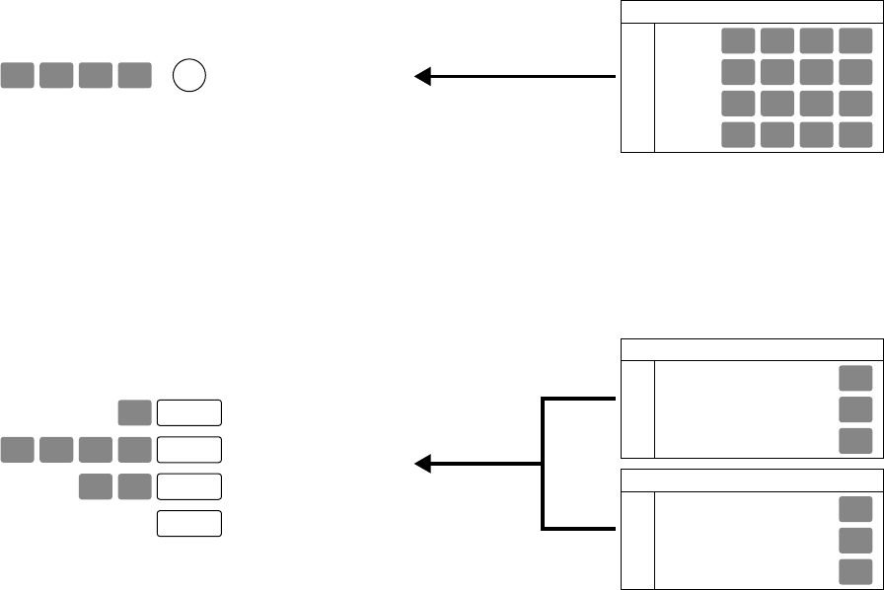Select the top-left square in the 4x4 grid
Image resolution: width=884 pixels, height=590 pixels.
click(x=738, y=40)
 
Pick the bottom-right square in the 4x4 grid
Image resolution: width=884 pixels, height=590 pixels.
click(x=855, y=135)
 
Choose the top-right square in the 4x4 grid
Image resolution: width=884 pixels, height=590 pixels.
click(x=855, y=40)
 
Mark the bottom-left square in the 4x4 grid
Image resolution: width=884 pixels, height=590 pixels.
click(x=738, y=135)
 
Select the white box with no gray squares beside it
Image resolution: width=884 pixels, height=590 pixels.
click(x=189, y=524)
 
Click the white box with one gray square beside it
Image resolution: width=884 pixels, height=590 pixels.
click(x=189, y=413)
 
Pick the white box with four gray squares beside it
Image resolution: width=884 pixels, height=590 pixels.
click(x=189, y=450)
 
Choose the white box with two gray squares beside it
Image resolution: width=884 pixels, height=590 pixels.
click(x=189, y=486)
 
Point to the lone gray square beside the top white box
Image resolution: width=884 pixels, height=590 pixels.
click(x=134, y=413)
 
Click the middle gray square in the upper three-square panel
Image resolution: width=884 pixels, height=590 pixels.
click(x=855, y=410)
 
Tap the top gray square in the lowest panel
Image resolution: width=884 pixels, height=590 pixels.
click(x=855, y=509)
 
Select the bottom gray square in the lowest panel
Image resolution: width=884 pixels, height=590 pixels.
click(x=855, y=572)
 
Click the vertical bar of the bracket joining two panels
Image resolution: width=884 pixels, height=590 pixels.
click(x=544, y=463)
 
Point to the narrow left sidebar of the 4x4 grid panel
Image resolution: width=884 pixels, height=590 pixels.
click(x=637, y=88)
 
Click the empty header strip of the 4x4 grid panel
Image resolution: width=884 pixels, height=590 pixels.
click(x=751, y=13)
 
